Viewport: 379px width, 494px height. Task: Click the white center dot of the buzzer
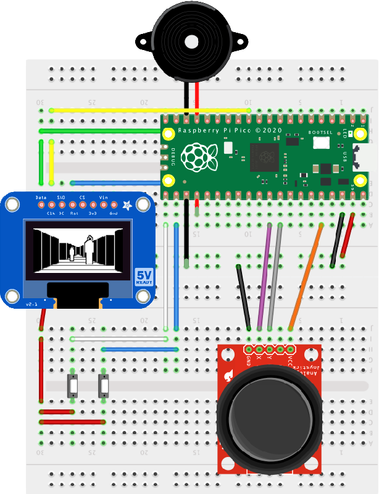[x=191, y=42]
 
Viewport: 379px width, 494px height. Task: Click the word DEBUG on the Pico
[x=173, y=157]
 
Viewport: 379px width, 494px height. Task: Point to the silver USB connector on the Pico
[x=359, y=157]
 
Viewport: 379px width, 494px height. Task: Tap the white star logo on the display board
[x=128, y=205]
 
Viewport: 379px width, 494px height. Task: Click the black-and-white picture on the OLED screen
[x=78, y=247]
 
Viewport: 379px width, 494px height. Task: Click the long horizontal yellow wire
[x=148, y=111]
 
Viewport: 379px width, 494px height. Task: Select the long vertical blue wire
[x=177, y=278]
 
